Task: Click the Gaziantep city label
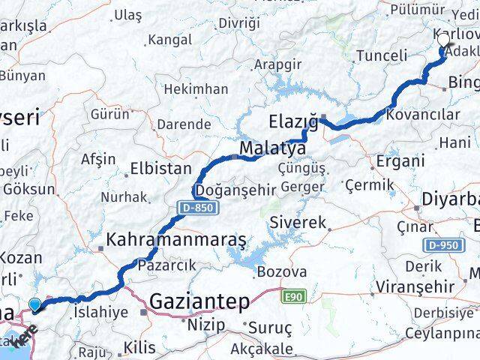coord(201,301)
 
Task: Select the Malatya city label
coord(272,148)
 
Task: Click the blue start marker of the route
coord(35,304)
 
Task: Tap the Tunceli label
coord(382,55)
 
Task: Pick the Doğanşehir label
coord(235,190)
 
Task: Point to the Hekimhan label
coord(196,89)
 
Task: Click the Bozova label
coord(281,271)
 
